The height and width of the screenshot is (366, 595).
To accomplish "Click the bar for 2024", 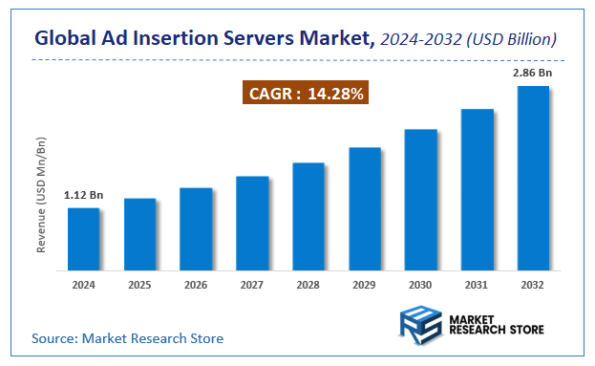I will click(83, 238).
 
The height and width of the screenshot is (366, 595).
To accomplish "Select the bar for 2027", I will click(252, 223).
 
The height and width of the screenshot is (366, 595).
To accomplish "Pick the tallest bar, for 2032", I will click(533, 178).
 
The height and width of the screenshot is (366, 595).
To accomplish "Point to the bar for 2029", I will click(365, 208).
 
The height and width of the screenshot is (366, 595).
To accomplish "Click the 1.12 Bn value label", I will click(83, 195).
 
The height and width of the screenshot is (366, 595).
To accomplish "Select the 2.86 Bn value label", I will click(533, 72).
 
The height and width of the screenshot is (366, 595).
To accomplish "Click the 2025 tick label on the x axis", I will click(139, 285).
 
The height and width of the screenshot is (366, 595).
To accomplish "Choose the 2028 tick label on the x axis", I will click(308, 285).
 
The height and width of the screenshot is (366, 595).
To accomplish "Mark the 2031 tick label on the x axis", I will click(478, 285).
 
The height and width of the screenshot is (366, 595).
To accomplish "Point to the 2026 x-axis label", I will click(196, 285).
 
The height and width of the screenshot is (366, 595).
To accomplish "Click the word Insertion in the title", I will click(182, 39).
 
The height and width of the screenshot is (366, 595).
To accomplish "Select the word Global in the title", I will click(65, 39).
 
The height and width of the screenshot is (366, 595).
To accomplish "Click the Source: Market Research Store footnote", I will click(127, 338).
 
